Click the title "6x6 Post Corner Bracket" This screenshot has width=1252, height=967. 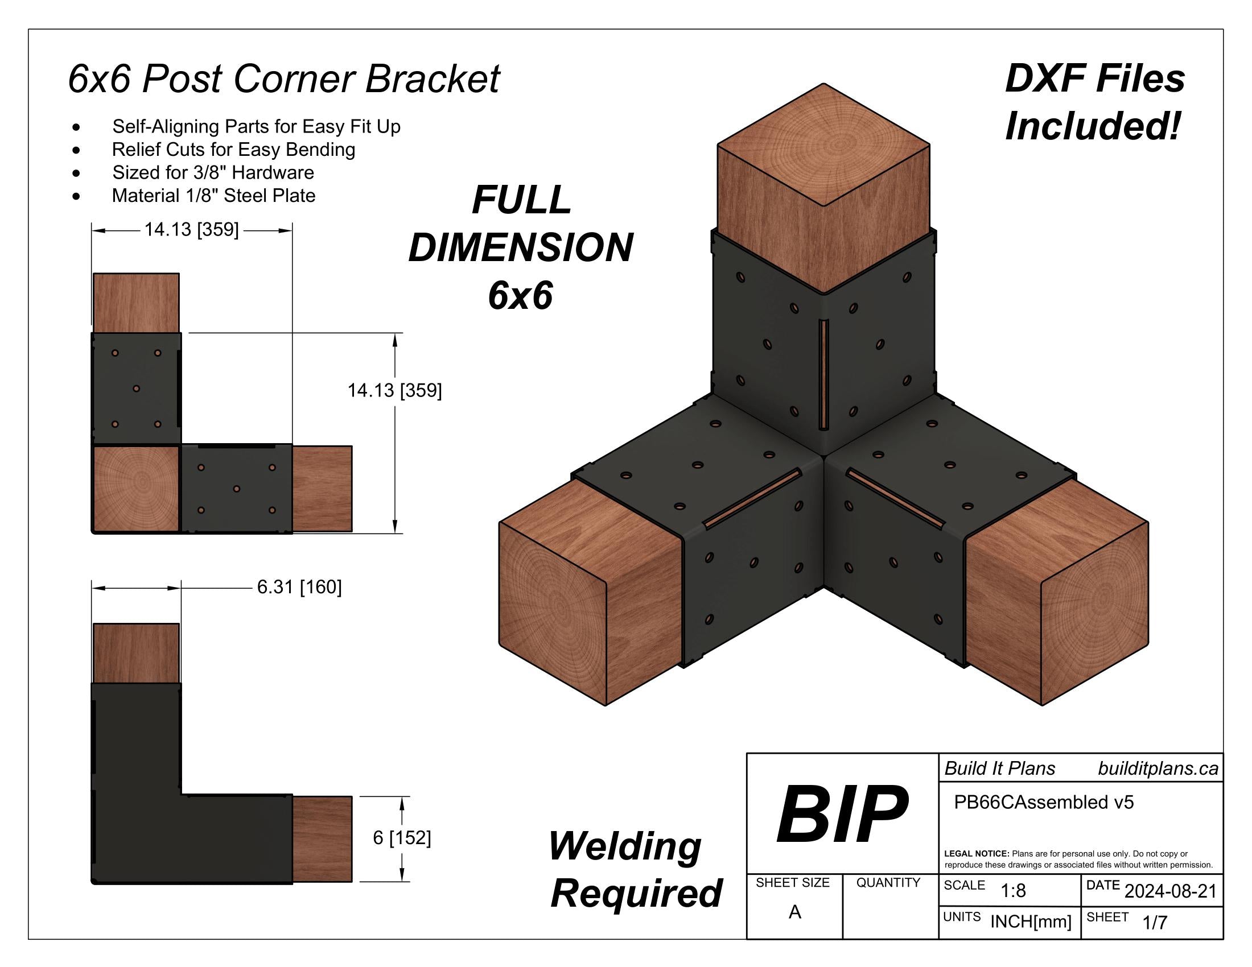click(x=284, y=78)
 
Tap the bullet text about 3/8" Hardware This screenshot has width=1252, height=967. click(x=213, y=172)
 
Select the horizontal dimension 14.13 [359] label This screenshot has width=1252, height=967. click(x=191, y=230)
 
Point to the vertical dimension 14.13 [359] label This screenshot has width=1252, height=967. click(x=394, y=391)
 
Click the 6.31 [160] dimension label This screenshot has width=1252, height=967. click(x=299, y=587)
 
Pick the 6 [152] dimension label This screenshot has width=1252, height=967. click(x=401, y=837)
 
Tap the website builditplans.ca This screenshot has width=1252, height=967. click(x=1158, y=768)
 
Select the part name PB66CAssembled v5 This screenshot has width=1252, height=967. click(x=1043, y=802)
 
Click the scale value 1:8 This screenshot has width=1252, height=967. click(x=1013, y=890)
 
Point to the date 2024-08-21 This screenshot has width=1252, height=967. click(x=1170, y=891)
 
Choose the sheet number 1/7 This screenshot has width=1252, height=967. click(x=1155, y=922)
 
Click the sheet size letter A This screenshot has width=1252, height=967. click(x=794, y=912)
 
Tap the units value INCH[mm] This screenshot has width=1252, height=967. click(x=1030, y=921)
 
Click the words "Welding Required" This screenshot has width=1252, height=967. click(x=635, y=870)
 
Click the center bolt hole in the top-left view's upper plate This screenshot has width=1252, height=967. click(x=136, y=389)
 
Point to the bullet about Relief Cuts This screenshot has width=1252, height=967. click(x=233, y=150)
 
